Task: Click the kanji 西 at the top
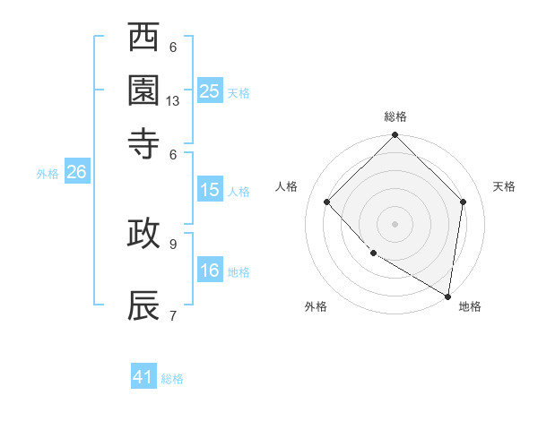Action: (x=144, y=38)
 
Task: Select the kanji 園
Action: (x=144, y=90)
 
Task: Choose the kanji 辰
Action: (x=144, y=305)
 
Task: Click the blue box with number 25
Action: (x=210, y=91)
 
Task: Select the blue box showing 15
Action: (x=210, y=190)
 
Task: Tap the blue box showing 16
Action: (x=210, y=271)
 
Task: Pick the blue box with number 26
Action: (x=76, y=173)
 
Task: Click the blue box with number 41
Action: (x=143, y=377)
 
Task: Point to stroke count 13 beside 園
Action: (x=173, y=101)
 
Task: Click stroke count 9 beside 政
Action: (x=173, y=243)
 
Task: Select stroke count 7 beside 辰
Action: (x=173, y=315)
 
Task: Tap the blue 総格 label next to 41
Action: (x=172, y=379)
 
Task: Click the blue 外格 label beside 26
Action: (x=48, y=175)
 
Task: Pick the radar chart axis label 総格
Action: (x=395, y=116)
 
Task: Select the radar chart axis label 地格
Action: (x=470, y=306)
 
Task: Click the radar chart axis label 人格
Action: (x=287, y=186)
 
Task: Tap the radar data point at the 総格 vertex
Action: (x=395, y=136)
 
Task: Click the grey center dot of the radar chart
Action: (x=395, y=223)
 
